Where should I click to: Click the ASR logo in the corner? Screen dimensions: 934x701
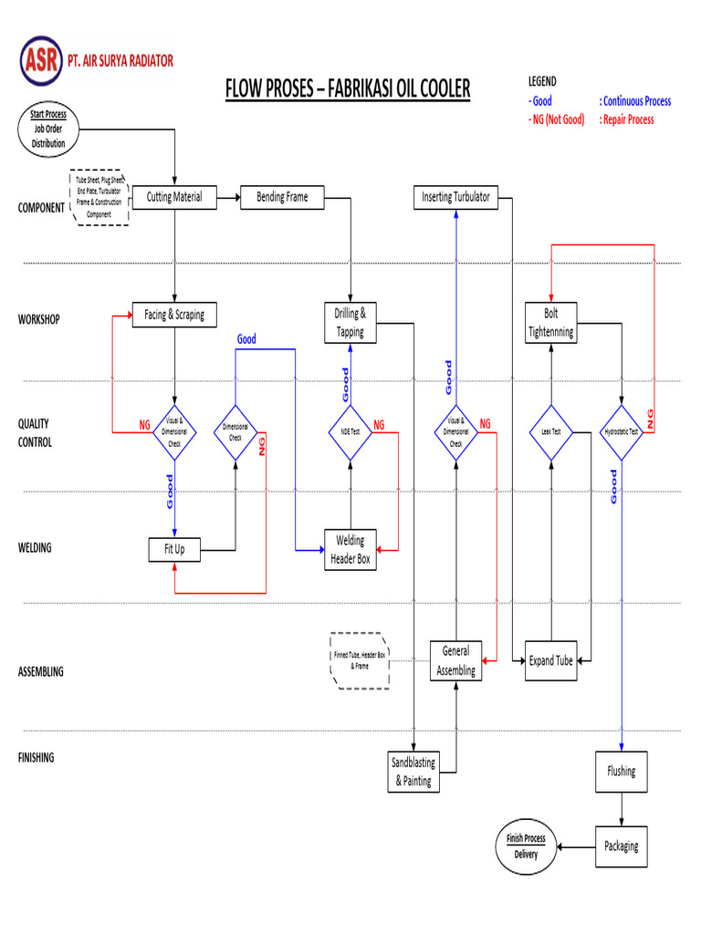point(41,61)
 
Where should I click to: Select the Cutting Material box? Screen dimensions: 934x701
point(174,198)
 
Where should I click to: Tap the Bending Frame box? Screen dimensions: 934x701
point(282,198)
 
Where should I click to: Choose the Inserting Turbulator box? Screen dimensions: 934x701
point(455,198)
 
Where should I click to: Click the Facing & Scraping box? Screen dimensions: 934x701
point(174,316)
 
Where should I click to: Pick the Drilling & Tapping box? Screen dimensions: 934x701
point(350,323)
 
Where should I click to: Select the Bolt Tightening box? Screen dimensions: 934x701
point(551,323)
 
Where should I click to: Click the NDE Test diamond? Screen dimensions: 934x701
point(350,431)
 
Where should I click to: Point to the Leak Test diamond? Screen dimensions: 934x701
point(551,431)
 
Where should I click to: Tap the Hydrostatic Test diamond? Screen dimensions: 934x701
point(622,431)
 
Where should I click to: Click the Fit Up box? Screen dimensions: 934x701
point(174,550)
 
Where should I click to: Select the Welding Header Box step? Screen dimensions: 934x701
point(350,550)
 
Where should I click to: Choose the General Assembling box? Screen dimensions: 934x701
point(455,661)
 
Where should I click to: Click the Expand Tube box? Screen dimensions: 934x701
point(551,661)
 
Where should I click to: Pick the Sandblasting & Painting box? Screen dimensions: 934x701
point(413,772)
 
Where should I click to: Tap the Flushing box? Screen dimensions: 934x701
point(622,772)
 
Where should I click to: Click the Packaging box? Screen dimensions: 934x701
point(622,846)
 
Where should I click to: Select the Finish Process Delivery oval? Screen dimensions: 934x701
point(526,846)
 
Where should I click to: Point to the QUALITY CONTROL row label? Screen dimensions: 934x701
point(35,432)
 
